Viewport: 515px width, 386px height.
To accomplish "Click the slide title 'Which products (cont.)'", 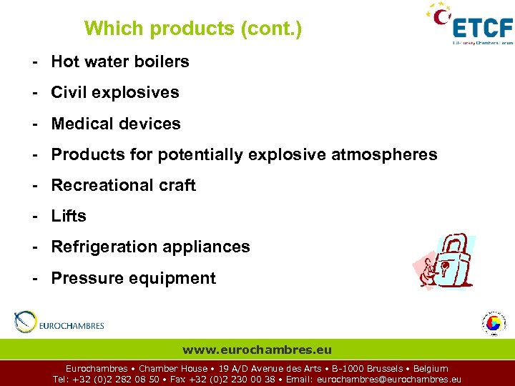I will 193,29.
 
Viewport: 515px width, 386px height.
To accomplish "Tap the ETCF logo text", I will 483,28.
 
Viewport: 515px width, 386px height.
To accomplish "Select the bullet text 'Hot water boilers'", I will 120,61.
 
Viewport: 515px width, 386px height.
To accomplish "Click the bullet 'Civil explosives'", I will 115,92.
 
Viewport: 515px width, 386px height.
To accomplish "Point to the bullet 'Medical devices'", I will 116,124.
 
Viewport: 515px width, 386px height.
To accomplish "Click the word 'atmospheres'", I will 384,154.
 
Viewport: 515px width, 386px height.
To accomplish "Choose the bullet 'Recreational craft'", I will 123,185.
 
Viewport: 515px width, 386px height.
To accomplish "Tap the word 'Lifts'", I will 69,216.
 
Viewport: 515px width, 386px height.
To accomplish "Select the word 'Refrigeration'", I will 101,247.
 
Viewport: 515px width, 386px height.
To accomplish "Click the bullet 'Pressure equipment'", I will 133,278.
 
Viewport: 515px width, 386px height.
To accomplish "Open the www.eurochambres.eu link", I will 257,350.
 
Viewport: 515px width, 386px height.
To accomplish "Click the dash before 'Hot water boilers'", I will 34,61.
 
